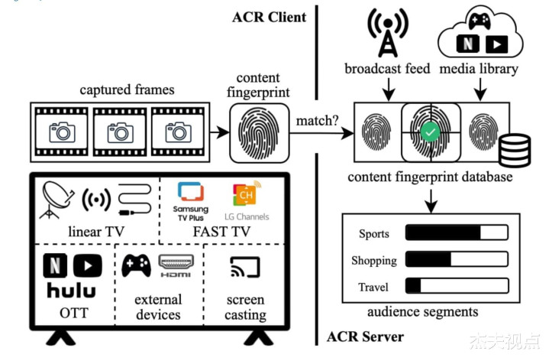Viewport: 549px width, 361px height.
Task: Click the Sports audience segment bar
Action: [x=456, y=233]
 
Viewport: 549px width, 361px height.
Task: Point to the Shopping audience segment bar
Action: [x=456, y=260]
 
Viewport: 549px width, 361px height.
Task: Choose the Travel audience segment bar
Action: [x=456, y=287]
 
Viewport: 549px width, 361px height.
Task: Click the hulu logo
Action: [x=71, y=290]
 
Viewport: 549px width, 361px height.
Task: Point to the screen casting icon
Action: [x=246, y=267]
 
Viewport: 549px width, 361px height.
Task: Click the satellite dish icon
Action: [x=57, y=201]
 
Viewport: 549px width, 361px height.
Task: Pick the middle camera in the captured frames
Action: [x=120, y=132]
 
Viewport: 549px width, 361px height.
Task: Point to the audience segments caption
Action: [x=423, y=311]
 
